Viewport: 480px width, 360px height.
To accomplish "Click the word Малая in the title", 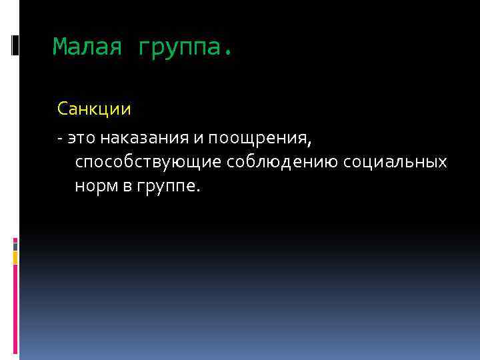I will tap(88, 47).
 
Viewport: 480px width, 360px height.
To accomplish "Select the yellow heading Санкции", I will tap(94, 107).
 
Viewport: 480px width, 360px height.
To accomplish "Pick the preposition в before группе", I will tap(127, 187).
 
